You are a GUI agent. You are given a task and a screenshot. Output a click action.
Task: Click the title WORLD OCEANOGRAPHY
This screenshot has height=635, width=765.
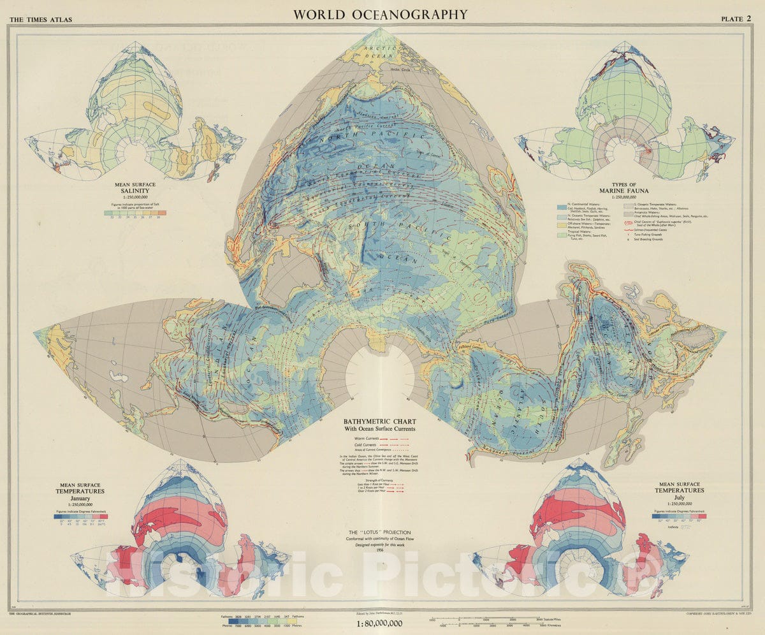(380, 14)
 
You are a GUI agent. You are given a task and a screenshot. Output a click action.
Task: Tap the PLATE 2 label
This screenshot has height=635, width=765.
(736, 18)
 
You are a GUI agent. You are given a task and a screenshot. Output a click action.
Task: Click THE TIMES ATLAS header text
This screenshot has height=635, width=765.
(40, 20)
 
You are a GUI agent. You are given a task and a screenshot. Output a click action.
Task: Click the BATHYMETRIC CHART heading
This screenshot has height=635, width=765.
(379, 421)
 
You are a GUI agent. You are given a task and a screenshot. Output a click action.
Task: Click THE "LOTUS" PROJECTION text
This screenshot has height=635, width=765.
(379, 532)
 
